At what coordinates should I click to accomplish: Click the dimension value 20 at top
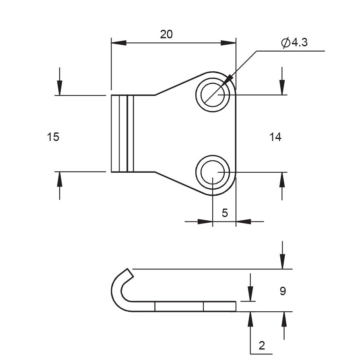tap(166, 35)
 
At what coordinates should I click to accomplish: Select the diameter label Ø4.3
tap(294, 42)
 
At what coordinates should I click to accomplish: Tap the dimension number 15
tap(53, 137)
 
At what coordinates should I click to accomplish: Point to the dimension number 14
tap(275, 137)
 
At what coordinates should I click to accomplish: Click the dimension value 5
tap(225, 213)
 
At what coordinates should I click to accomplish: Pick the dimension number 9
tap(283, 291)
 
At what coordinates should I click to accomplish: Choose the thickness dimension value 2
tap(262, 346)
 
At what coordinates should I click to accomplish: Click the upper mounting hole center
tap(213, 95)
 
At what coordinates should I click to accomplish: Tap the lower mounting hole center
tap(213, 172)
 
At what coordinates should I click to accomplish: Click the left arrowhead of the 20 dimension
tap(119, 43)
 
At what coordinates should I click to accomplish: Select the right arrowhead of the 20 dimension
tap(228, 43)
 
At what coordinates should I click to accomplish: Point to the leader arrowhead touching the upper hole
tap(226, 81)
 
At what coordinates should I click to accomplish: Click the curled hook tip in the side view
tap(130, 273)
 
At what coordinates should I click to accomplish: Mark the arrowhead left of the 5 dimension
tap(205, 221)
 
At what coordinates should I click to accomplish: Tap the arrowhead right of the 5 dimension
tap(243, 221)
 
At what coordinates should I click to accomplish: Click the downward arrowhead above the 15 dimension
tap(60, 87)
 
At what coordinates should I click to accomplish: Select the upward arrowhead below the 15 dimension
tap(60, 179)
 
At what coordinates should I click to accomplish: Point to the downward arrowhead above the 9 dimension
tap(283, 261)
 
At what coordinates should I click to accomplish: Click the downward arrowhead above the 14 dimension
tap(282, 87)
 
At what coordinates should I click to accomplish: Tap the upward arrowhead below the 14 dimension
tap(282, 180)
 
